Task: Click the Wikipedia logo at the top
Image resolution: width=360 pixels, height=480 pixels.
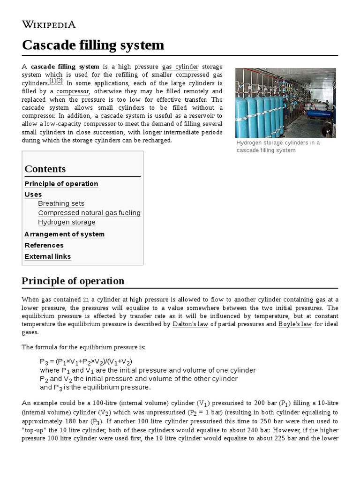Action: (48, 24)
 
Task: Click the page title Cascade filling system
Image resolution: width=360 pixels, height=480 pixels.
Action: (93, 45)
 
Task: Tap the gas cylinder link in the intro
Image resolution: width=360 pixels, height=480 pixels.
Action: (180, 67)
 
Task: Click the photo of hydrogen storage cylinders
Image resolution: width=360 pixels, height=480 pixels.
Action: (285, 103)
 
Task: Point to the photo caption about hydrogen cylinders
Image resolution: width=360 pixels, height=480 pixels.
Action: (278, 146)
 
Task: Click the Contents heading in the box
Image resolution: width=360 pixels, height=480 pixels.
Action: (45, 169)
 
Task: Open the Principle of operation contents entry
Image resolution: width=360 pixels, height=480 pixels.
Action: (61, 184)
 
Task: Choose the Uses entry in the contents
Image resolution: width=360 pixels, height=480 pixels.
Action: (33, 195)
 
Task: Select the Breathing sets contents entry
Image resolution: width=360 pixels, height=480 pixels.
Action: (61, 203)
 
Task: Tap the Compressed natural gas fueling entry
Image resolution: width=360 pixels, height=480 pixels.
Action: (89, 213)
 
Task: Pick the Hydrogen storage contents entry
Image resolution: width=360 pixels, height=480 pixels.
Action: (67, 222)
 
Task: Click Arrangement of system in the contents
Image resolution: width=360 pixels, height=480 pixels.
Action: (65, 234)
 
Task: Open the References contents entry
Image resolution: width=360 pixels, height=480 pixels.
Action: (44, 245)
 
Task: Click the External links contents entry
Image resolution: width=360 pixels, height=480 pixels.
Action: (48, 256)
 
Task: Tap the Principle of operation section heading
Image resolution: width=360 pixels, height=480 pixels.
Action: (73, 281)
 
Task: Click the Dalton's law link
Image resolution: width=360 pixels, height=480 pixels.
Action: (190, 324)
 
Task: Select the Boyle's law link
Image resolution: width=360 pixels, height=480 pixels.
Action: (295, 324)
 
